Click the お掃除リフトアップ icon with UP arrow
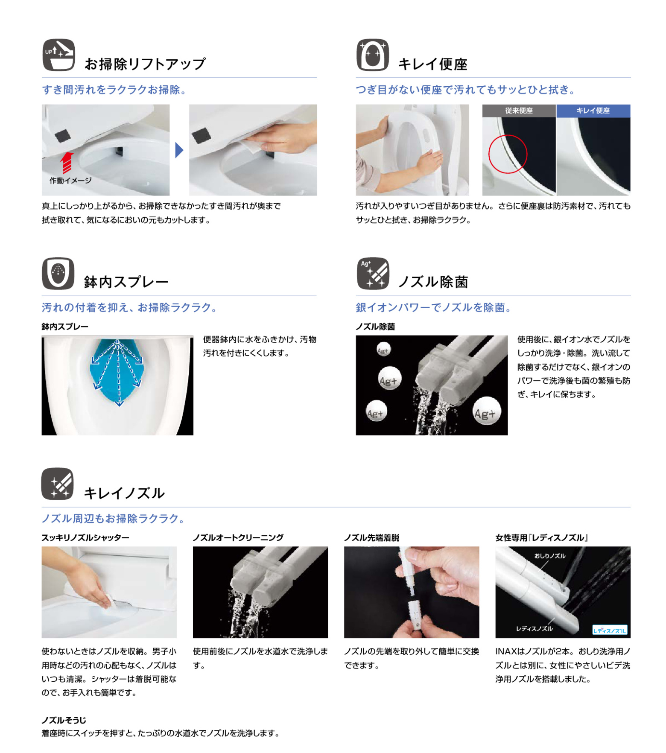click(59, 55)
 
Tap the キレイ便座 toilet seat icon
click(373, 55)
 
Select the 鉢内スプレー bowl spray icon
click(58, 273)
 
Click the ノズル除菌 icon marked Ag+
click(373, 273)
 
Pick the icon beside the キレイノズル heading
click(58, 484)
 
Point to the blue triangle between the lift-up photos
click(179, 150)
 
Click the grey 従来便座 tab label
click(519, 111)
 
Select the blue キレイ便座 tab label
click(593, 111)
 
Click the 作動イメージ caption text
click(70, 181)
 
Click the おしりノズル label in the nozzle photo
click(550, 556)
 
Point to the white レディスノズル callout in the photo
click(534, 628)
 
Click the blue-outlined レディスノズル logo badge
click(610, 630)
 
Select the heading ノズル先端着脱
click(372, 538)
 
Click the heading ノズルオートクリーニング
click(238, 538)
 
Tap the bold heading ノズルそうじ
click(64, 720)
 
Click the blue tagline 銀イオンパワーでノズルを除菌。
click(434, 307)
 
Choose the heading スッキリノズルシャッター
click(85, 538)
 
